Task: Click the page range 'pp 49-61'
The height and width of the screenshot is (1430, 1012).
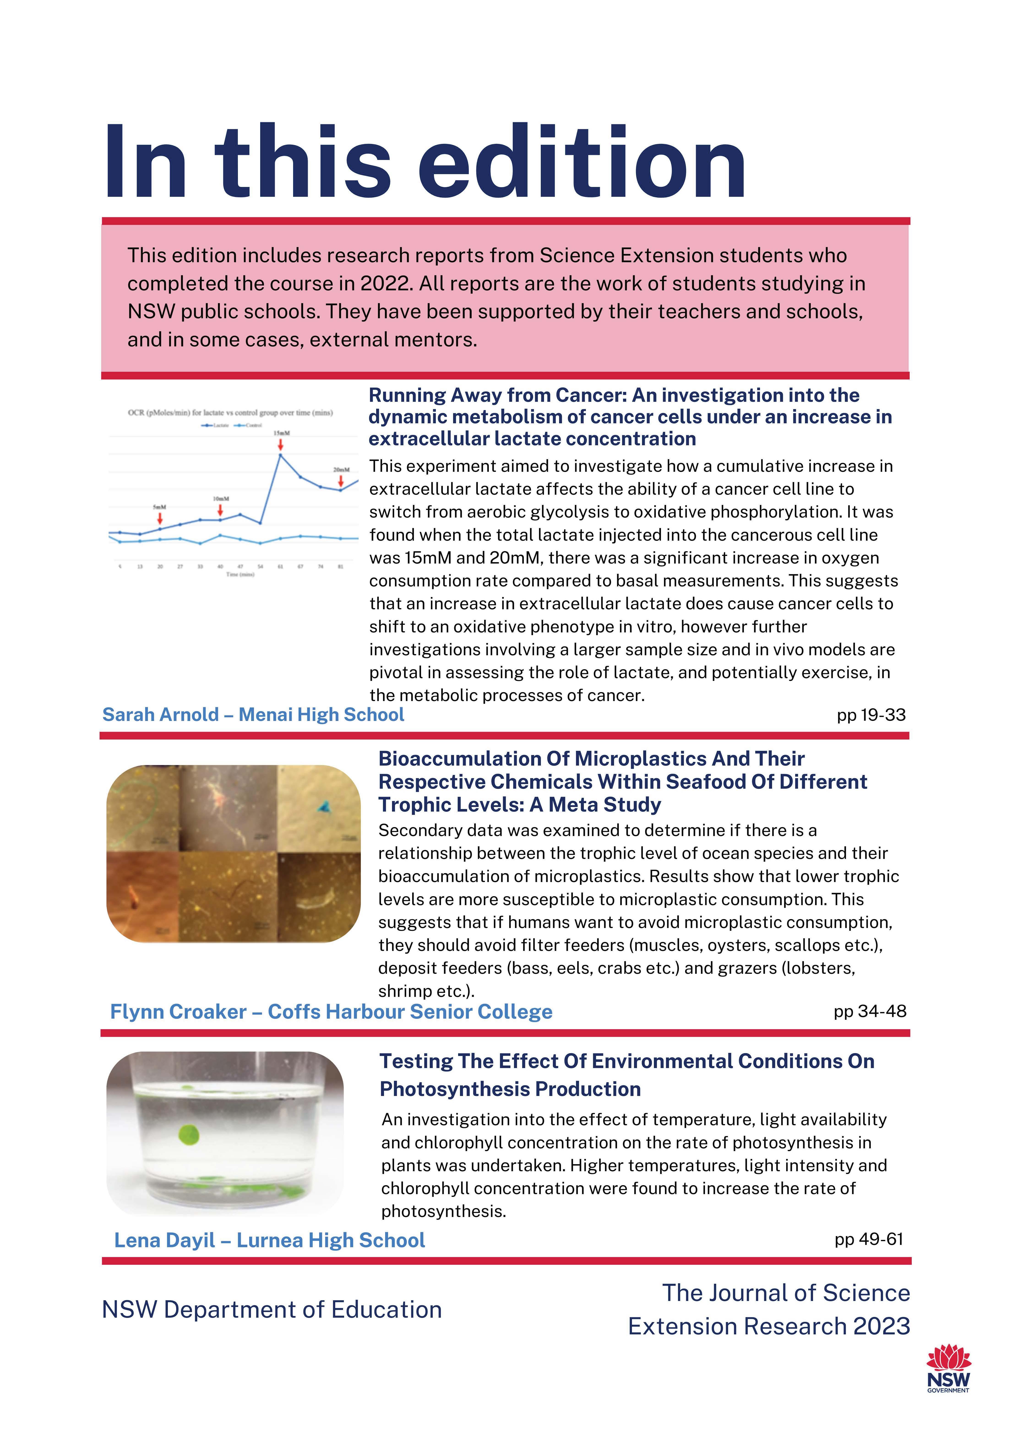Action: pos(869,1239)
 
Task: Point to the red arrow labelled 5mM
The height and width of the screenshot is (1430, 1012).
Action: pos(160,518)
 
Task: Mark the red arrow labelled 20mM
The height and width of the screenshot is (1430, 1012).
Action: pos(341,481)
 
